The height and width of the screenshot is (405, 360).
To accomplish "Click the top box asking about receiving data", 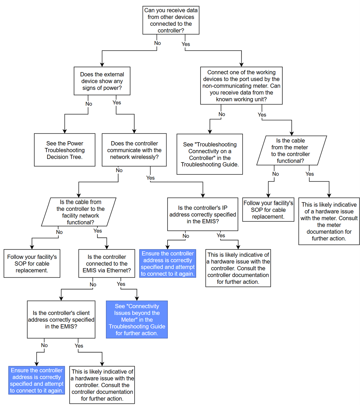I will coord(171,20).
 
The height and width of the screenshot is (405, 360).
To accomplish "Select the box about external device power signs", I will coord(102,81).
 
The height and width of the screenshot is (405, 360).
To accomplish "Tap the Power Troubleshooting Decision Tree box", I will coord(65,150).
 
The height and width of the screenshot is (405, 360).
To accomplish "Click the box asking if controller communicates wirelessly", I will coord(134,150).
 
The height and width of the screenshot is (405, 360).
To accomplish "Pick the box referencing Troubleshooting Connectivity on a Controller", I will coord(210,154).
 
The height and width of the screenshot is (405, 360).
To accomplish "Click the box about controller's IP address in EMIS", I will coord(202,214).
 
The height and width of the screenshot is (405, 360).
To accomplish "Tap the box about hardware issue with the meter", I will coord(329,221).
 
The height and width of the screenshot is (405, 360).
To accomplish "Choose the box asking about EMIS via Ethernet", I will coord(107,263).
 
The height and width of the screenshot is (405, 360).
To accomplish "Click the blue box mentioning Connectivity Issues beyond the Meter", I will coord(137,319).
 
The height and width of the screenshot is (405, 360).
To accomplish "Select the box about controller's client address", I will coord(61,319).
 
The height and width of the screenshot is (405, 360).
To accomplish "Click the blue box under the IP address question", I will coord(168,263).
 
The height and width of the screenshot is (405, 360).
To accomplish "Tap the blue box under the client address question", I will coord(37,380).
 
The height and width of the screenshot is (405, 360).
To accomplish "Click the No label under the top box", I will coord(157,43).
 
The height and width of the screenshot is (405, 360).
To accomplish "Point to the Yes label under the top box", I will coord(186,44).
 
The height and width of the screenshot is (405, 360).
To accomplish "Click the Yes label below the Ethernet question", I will coord(121,284).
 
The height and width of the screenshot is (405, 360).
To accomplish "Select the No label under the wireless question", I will coord(119,170).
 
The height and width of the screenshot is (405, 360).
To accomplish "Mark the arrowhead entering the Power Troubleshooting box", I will coord(65,131).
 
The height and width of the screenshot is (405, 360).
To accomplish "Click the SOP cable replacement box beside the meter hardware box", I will coord(268,210).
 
